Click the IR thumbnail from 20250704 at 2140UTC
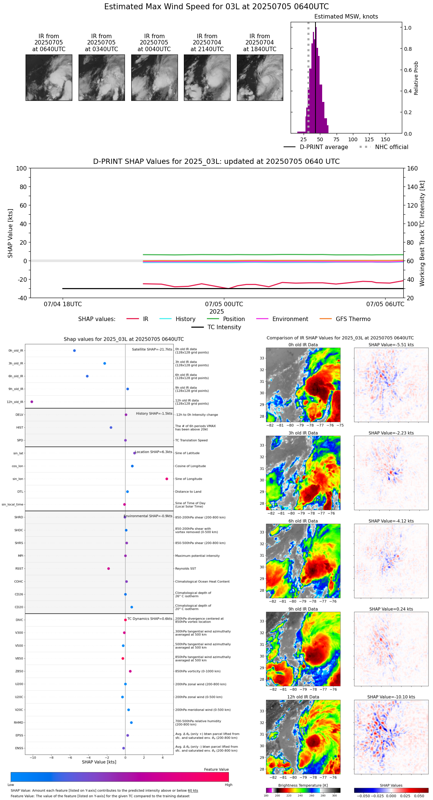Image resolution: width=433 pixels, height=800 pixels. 207,77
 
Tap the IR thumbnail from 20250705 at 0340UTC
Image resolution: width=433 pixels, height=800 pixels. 102,77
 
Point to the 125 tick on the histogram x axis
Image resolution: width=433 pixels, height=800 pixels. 369,139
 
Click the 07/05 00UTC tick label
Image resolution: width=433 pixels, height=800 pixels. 224,304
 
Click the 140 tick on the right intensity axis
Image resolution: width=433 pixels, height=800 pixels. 413,187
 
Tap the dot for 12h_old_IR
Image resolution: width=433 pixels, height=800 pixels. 32,402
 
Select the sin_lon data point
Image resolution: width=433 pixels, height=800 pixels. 167,479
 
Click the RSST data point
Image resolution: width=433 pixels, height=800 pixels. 109,569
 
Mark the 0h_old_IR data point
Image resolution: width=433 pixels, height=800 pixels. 75,351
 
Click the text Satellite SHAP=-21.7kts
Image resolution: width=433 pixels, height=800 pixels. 152,350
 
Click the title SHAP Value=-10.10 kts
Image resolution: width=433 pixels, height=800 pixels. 391,697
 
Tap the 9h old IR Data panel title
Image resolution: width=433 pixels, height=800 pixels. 303,609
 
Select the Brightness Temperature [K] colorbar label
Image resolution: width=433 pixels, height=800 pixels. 303,786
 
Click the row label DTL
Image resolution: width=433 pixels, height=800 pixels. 20,492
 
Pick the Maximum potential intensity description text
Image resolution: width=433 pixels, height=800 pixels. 197,556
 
